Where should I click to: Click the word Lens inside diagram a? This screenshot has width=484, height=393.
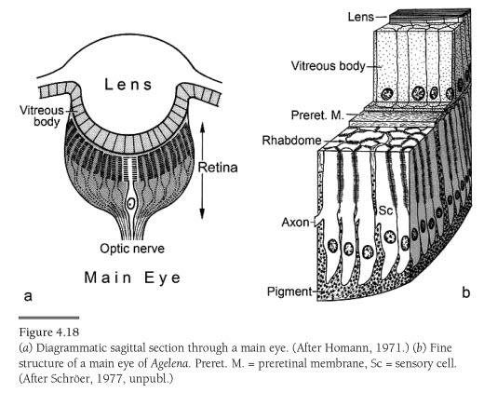click(x=128, y=85)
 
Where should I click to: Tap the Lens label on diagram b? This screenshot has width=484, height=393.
click(x=361, y=17)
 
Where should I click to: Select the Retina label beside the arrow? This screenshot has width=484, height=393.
click(x=218, y=168)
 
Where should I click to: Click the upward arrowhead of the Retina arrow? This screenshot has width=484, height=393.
click(x=202, y=127)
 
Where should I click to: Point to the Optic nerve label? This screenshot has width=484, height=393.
click(x=132, y=249)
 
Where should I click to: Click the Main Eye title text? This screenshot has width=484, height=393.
click(x=132, y=278)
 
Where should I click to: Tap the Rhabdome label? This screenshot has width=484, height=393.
click(x=291, y=141)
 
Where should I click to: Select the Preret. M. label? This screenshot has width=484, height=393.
click(x=317, y=115)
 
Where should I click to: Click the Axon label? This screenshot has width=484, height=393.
click(x=295, y=223)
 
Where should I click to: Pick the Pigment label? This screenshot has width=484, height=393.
click(x=289, y=291)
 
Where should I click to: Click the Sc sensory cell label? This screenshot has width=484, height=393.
click(x=386, y=210)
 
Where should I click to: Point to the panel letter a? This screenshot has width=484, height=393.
click(x=28, y=296)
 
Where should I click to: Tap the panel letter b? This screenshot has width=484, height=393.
click(x=466, y=292)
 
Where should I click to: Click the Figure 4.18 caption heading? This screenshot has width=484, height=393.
click(x=49, y=332)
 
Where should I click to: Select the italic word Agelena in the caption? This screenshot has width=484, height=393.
click(x=169, y=364)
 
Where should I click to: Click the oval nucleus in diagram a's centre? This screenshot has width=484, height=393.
click(x=131, y=204)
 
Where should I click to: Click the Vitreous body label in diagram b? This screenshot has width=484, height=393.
click(x=329, y=66)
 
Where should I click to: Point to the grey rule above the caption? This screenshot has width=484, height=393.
click(x=49, y=318)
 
